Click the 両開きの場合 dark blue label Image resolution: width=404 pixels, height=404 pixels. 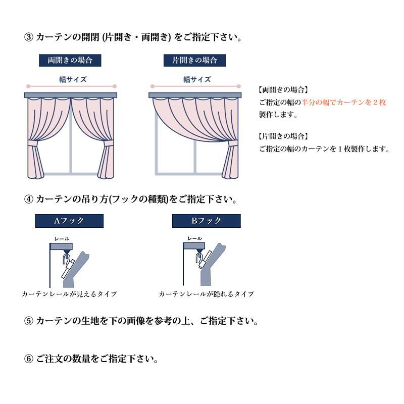(x=70, y=60)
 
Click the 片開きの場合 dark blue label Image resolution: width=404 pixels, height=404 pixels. (x=194, y=60)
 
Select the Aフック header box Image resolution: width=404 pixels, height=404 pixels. (x=69, y=221)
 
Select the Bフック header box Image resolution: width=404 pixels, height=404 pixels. (x=206, y=221)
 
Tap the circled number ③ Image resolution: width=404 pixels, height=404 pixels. (x=29, y=37)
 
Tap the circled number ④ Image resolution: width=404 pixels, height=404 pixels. (x=29, y=199)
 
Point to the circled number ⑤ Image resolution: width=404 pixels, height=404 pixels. (x=29, y=321)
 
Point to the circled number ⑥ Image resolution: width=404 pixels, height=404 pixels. (x=29, y=360)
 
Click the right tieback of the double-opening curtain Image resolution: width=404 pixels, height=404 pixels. (x=108, y=146)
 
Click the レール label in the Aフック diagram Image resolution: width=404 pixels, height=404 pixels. (x=62, y=238)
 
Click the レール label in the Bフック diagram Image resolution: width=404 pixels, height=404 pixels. (x=194, y=238)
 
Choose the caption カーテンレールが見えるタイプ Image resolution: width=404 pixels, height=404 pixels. (x=69, y=294)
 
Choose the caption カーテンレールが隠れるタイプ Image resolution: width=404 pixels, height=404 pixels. (x=206, y=294)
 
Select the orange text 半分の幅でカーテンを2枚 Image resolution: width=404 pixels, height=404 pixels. (x=344, y=103)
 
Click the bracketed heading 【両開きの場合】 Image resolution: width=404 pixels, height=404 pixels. (x=283, y=90)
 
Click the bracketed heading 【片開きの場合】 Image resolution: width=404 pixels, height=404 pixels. (x=283, y=136)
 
